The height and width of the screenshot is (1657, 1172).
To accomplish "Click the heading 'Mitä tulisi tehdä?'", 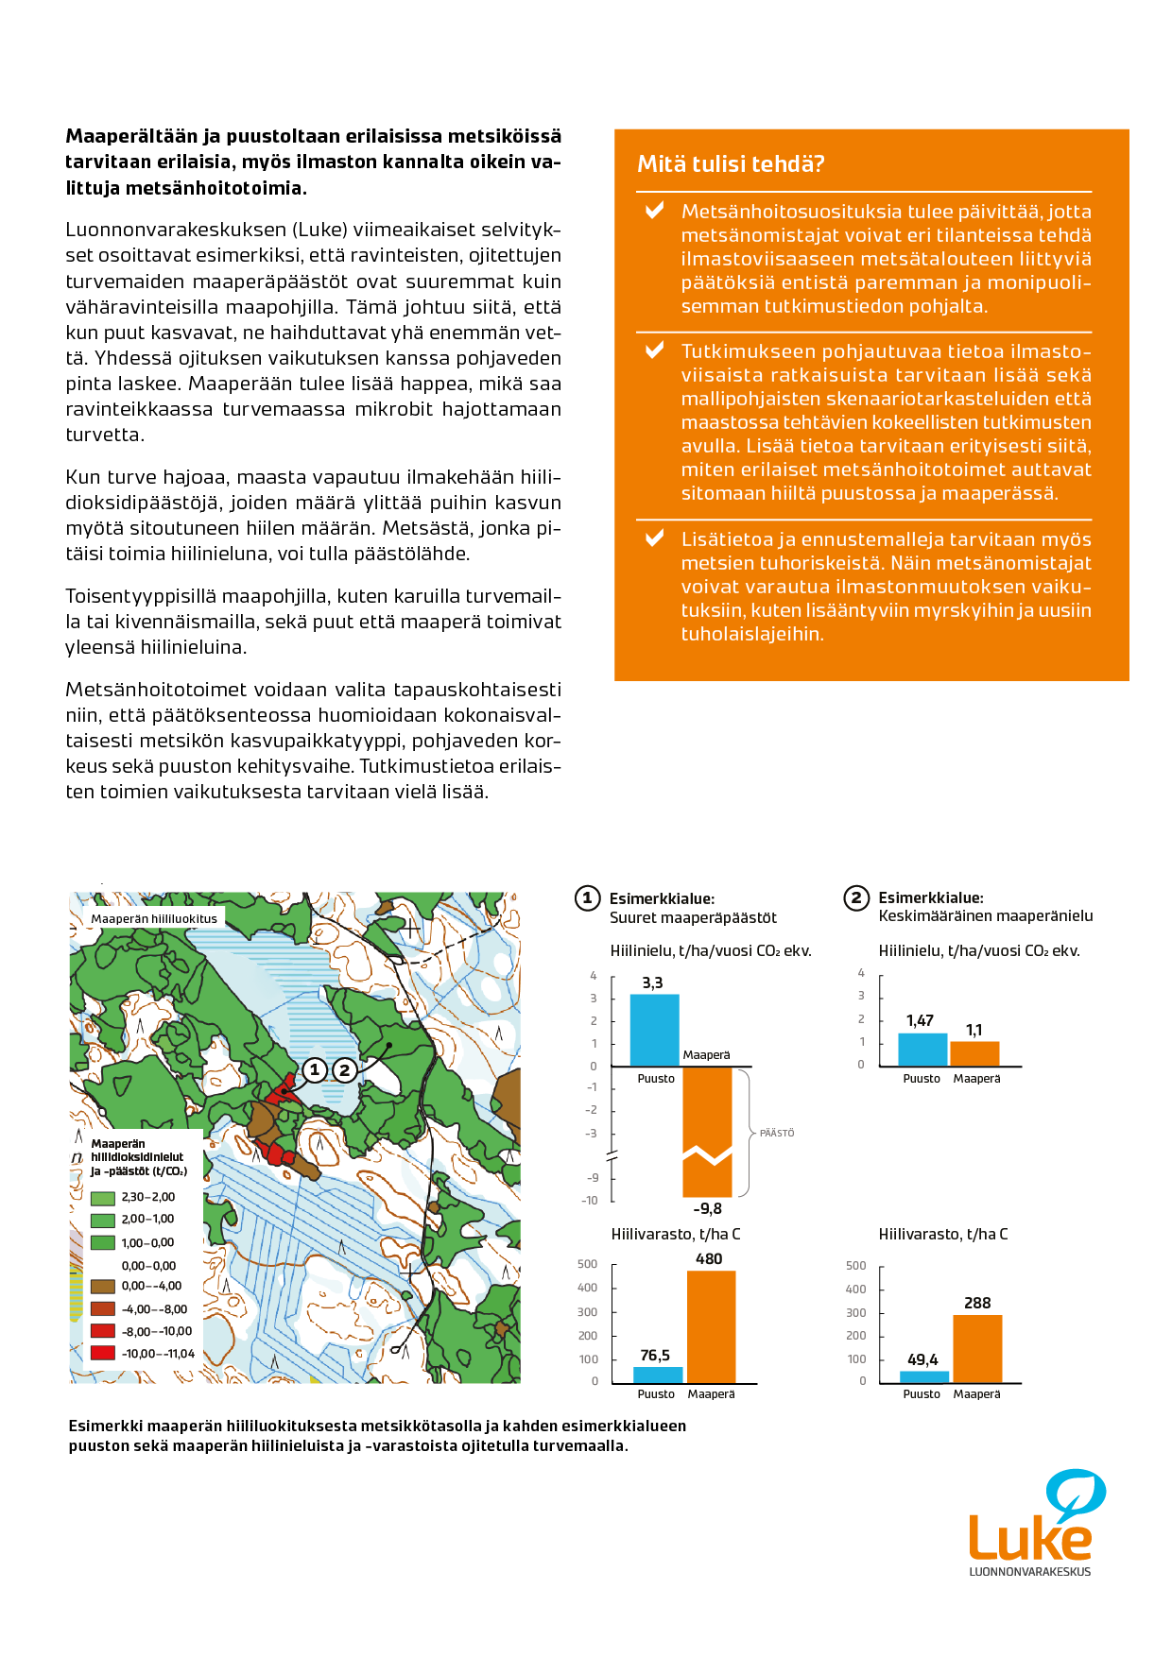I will pyautogui.click(x=731, y=164).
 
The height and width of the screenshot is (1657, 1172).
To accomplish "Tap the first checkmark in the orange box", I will pyautogui.click(x=654, y=211).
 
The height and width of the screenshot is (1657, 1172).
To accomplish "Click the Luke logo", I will pyautogui.click(x=1031, y=1522).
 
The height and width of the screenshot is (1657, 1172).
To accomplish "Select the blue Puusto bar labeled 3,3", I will pyautogui.click(x=654, y=1030).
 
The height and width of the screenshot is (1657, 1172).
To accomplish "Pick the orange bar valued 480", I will pyautogui.click(x=711, y=1326).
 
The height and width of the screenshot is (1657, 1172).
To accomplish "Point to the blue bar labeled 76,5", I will pyautogui.click(x=658, y=1375).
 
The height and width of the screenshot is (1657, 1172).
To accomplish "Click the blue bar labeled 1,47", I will pyautogui.click(x=922, y=1050).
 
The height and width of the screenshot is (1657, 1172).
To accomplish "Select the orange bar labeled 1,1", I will pyautogui.click(x=974, y=1053).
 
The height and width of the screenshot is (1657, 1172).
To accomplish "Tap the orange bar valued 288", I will pyautogui.click(x=977, y=1348).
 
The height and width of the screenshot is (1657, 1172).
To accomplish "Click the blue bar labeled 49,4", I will pyautogui.click(x=923, y=1376).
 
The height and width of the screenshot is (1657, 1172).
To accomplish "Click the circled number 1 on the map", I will pyautogui.click(x=315, y=1069).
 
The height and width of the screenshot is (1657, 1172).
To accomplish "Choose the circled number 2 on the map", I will pyautogui.click(x=345, y=1070).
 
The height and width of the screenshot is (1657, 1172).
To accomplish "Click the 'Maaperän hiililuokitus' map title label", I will pyautogui.click(x=154, y=918).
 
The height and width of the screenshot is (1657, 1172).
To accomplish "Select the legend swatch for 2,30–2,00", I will pyautogui.click(x=103, y=1198).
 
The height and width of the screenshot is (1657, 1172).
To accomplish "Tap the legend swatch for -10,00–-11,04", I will pyautogui.click(x=103, y=1354).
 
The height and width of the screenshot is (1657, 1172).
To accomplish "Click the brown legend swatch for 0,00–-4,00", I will pyautogui.click(x=103, y=1286).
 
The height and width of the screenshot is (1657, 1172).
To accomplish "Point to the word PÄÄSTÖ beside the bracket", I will pyautogui.click(x=777, y=1133).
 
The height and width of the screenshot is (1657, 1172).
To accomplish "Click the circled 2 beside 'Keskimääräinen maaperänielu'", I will pyautogui.click(x=856, y=897).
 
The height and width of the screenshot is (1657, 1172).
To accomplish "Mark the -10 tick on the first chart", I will pyautogui.click(x=591, y=1201).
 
